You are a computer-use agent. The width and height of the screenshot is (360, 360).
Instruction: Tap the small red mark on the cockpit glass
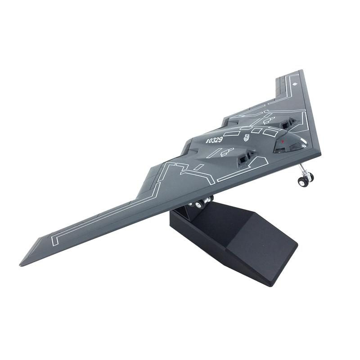[282, 141]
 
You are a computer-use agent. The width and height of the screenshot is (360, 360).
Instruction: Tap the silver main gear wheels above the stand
[200, 203]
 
